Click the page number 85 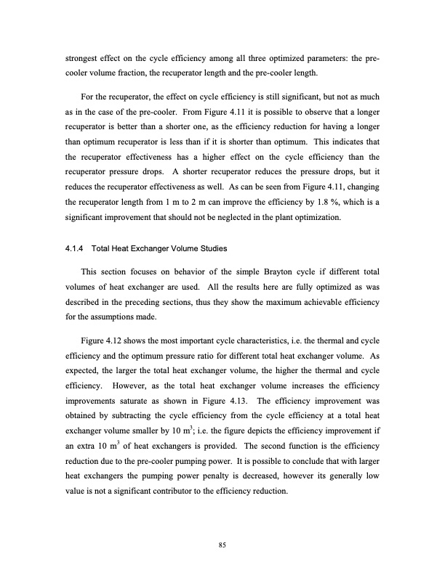pyautogui.click(x=222, y=547)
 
